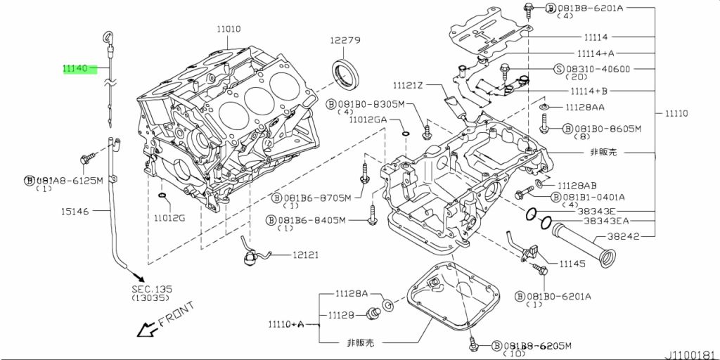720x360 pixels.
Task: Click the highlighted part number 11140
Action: pyautogui.click(x=75, y=69)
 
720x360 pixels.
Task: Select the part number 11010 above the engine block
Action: pyautogui.click(x=229, y=30)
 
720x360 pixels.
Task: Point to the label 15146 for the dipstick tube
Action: pyautogui.click(x=75, y=211)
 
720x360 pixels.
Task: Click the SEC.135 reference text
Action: pyautogui.click(x=151, y=289)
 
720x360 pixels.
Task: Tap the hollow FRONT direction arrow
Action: pyautogui.click(x=146, y=328)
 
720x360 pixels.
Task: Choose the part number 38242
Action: pyautogui.click(x=623, y=236)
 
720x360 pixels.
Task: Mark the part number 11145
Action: pyautogui.click(x=573, y=264)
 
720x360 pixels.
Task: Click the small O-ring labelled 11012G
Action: pyautogui.click(x=163, y=195)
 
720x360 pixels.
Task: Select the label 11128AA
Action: pyautogui.click(x=585, y=107)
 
